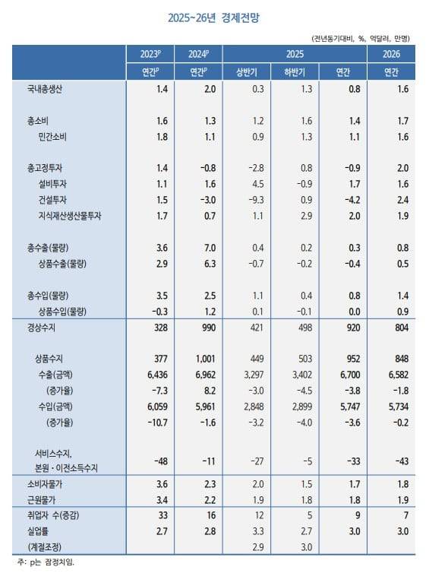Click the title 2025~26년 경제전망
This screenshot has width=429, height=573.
213,16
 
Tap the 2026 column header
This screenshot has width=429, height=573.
392,54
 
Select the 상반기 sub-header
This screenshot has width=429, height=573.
248,72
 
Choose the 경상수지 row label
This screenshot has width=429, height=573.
43,328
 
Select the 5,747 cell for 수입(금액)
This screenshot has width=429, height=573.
345,407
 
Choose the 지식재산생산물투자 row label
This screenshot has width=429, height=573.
69,215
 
